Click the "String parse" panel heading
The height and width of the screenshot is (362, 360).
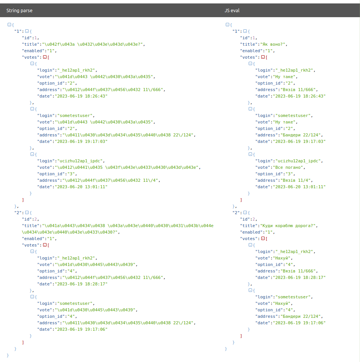click(19, 10)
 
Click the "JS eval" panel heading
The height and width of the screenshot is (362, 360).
click(232, 10)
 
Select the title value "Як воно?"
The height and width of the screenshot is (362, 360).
click(273, 44)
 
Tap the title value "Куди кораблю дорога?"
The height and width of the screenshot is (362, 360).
click(288, 226)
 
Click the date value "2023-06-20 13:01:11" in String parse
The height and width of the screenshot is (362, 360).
click(81, 187)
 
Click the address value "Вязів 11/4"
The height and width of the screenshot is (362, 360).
click(296, 180)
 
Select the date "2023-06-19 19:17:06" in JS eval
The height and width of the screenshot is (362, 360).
click(299, 323)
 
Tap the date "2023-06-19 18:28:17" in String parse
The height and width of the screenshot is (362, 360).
click(81, 284)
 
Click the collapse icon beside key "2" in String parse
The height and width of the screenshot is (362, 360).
click(27, 213)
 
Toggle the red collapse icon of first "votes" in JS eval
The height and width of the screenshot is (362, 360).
click(263, 57)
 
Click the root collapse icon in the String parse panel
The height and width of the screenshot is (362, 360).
click(9, 24)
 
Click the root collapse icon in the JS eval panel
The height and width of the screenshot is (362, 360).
click(227, 24)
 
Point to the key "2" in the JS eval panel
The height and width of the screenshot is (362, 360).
click(236, 213)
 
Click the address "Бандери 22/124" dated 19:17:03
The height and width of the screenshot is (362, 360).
click(301, 135)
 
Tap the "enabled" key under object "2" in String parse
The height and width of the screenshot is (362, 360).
click(33, 239)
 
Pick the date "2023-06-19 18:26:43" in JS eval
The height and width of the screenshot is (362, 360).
click(299, 96)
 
